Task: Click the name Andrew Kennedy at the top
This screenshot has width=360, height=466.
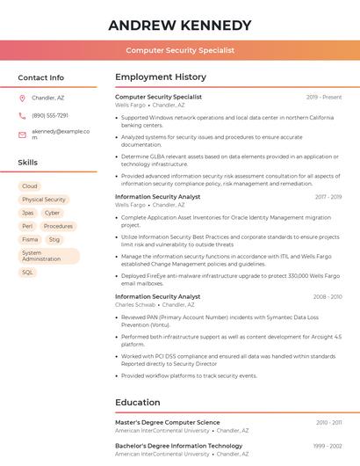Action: click(180, 25)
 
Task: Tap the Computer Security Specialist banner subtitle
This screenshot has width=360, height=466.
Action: click(180, 51)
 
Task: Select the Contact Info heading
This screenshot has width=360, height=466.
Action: click(41, 77)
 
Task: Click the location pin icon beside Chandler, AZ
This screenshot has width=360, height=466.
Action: click(22, 98)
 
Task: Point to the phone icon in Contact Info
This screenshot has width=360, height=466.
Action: click(22, 116)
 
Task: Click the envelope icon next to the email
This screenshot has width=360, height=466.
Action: click(22, 135)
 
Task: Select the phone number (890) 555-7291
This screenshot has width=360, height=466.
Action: click(50, 116)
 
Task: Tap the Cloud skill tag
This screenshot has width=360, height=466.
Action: click(30, 186)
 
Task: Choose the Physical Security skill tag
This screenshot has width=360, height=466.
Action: click(44, 200)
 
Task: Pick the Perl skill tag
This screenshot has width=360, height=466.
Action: click(27, 226)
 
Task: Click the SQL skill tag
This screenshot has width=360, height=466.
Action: click(27, 273)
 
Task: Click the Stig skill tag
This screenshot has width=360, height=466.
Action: click(54, 239)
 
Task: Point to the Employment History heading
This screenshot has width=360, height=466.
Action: click(161, 77)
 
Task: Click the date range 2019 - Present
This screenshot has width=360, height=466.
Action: click(324, 97)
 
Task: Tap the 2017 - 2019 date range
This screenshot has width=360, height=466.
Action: click(328, 197)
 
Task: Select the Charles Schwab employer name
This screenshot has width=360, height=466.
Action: click(136, 305)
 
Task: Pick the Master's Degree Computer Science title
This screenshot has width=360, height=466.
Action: click(168, 423)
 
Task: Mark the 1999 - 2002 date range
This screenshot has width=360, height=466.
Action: click(328, 447)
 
